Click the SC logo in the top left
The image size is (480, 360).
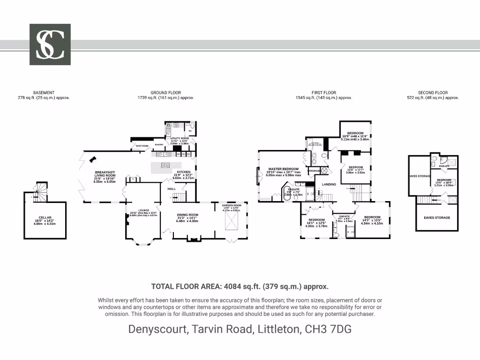click(50, 45)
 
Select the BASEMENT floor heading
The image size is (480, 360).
click(44, 93)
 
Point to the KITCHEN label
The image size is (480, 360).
click(183, 172)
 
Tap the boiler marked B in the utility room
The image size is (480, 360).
click(168, 125)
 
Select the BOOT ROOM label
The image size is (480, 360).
click(142, 146)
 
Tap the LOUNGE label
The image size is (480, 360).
click(143, 210)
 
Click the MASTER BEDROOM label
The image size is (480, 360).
click(283, 169)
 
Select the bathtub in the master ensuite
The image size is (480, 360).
click(287, 193)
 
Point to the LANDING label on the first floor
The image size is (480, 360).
click(329, 184)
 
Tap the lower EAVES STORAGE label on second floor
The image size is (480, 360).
click(437, 217)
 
